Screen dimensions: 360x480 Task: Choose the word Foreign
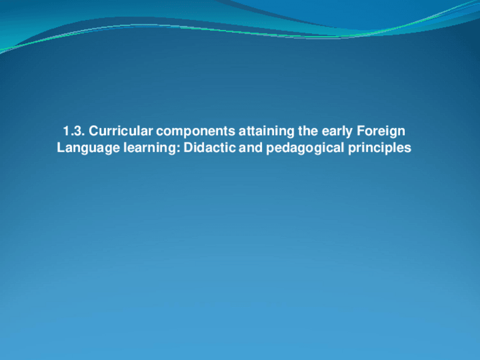click(x=382, y=132)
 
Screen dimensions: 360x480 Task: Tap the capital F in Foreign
click(x=361, y=132)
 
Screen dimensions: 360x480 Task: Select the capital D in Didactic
click(x=188, y=148)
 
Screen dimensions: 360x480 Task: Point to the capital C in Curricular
click(x=94, y=132)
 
